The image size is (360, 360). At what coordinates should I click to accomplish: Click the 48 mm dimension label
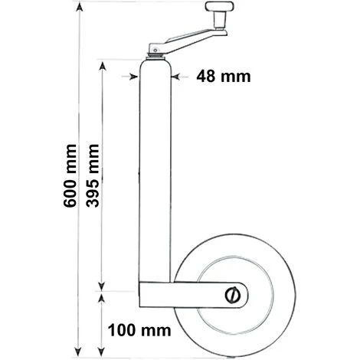tap(224, 77)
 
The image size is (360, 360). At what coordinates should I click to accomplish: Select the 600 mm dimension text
tap(70, 175)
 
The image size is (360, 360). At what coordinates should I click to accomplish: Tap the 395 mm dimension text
tap(93, 175)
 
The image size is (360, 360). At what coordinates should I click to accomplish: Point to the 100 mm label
tap(139, 330)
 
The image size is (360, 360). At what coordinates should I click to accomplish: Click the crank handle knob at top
tap(220, 6)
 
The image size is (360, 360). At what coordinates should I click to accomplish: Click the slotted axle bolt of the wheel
tap(233, 295)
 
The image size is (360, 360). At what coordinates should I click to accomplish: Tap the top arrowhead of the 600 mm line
tap(80, 8)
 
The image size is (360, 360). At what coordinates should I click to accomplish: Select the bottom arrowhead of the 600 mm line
tap(79, 351)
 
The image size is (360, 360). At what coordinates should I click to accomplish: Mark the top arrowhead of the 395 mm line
tap(103, 67)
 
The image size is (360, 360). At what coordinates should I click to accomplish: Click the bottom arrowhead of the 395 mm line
tap(102, 286)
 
